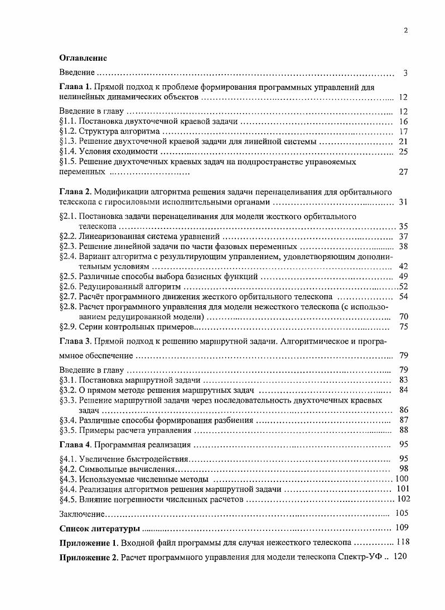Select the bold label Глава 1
click(75, 87)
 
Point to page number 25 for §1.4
click(404, 152)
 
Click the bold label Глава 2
click(75, 192)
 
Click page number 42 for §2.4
click(404, 266)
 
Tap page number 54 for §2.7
click(404, 296)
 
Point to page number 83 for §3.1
click(404, 379)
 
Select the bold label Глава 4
click(75, 445)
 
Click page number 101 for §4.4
click(402, 489)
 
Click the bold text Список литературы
click(100, 528)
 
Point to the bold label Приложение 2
click(89, 557)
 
